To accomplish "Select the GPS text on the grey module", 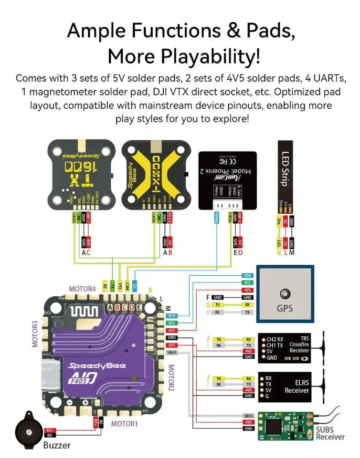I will click(x=285, y=308).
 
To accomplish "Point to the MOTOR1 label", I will click(x=124, y=423).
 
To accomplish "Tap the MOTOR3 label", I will click(x=35, y=333).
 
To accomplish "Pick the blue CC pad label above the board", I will click(x=135, y=286).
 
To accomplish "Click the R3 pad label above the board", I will click(x=105, y=286).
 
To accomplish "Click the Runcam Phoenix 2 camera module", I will click(x=227, y=177).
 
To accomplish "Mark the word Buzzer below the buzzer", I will click(x=57, y=446).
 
